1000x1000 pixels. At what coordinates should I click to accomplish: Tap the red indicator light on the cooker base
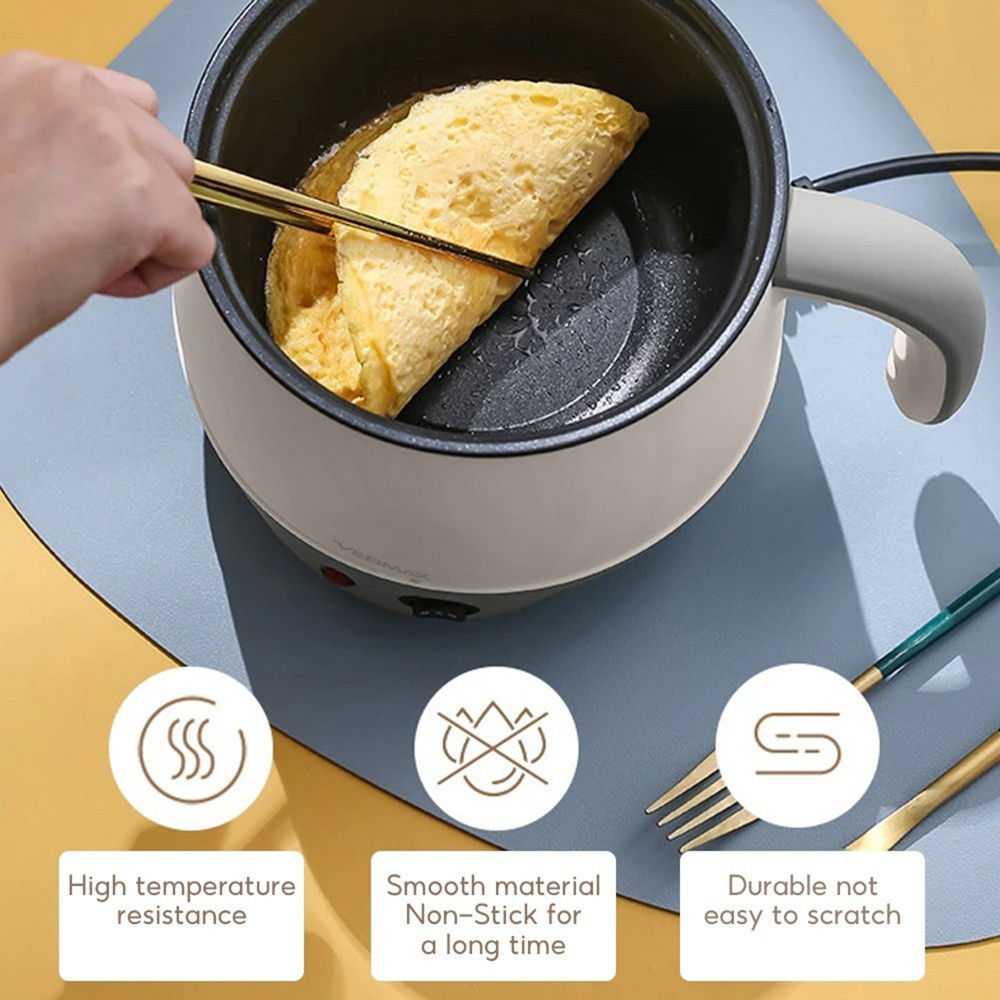point(337,575)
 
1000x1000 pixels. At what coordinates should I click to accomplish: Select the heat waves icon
point(191,748)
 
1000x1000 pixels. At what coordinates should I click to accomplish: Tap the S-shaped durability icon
point(797,743)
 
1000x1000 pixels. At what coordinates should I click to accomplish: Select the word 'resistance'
point(181,915)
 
